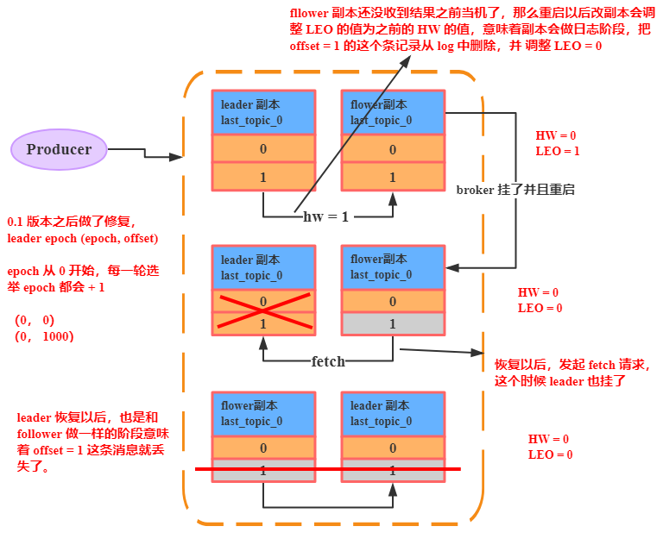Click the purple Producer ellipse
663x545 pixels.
tap(59, 150)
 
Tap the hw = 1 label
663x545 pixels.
tap(325, 216)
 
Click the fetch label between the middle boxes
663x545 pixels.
tap(327, 361)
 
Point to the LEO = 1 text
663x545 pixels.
tap(557, 151)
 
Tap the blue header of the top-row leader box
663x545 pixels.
tap(263, 112)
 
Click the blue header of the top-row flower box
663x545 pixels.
tap(393, 112)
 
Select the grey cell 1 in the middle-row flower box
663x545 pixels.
tap(393, 323)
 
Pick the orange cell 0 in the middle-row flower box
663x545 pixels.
tap(393, 302)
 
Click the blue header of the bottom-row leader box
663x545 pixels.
tap(393, 413)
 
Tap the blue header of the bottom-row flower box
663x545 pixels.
tap(263, 413)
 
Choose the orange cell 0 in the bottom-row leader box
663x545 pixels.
tap(393, 448)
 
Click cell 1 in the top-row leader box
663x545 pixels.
tap(263, 177)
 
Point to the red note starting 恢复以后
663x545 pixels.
tap(572, 373)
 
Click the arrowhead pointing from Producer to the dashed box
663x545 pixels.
tap(178, 157)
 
